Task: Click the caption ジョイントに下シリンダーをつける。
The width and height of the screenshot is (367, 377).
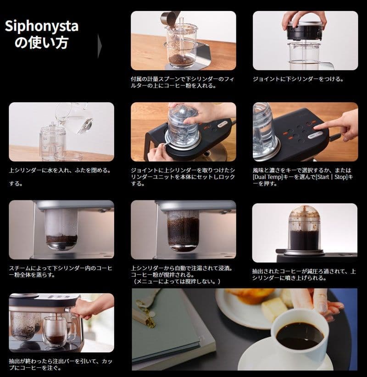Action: click(298, 79)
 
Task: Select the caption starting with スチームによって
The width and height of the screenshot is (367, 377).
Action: click(61, 271)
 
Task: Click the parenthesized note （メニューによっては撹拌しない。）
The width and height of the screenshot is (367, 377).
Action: click(177, 281)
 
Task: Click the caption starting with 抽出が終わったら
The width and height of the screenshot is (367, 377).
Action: click(61, 364)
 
